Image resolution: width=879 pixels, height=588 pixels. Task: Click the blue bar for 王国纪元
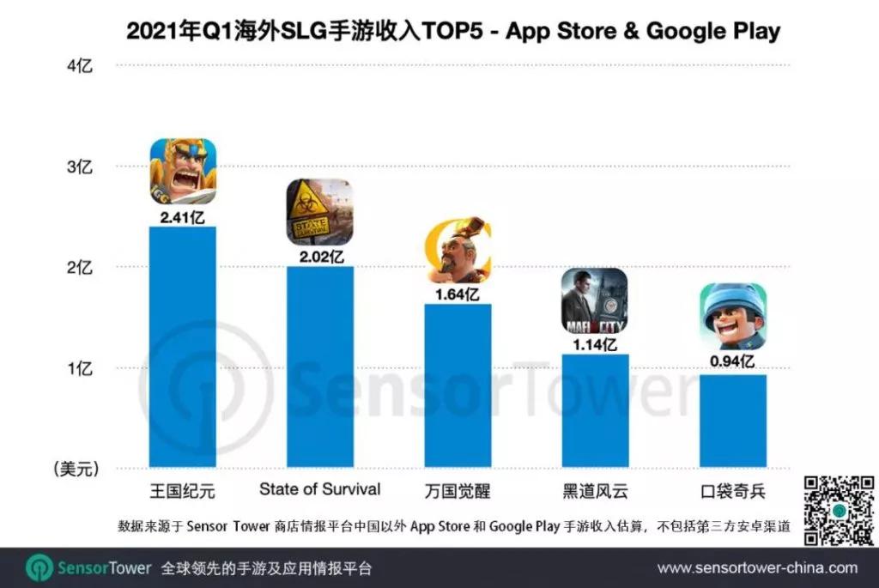point(183,347)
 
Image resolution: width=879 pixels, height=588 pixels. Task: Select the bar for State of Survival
point(319,367)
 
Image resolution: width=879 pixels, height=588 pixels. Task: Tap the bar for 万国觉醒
point(458,385)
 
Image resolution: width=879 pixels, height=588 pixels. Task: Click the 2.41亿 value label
point(183,215)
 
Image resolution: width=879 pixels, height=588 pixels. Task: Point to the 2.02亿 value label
point(319,255)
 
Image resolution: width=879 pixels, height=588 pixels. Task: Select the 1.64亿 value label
point(458,294)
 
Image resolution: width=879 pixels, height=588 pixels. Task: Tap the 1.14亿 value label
point(595,344)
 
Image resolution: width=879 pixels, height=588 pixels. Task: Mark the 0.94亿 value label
point(732,364)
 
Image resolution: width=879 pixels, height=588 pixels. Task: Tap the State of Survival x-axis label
point(319,489)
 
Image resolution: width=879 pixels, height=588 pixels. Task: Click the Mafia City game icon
point(595,301)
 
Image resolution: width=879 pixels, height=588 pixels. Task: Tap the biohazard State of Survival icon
point(319,212)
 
